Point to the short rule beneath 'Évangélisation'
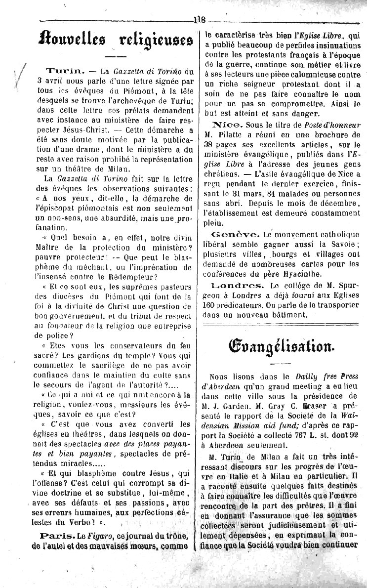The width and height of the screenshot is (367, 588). (x=280, y=364)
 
